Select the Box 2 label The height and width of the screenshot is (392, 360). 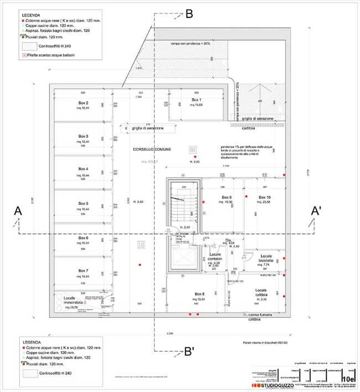point(84,103)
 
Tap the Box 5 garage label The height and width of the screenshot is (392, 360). point(84,203)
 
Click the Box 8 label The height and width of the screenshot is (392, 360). point(199,293)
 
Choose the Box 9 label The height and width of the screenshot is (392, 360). point(227,197)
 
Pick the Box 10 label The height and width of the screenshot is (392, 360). point(264,197)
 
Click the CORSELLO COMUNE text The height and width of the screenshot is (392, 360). point(152,150)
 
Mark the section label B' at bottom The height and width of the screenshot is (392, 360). point(189,350)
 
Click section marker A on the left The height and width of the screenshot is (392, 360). point(18,211)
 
